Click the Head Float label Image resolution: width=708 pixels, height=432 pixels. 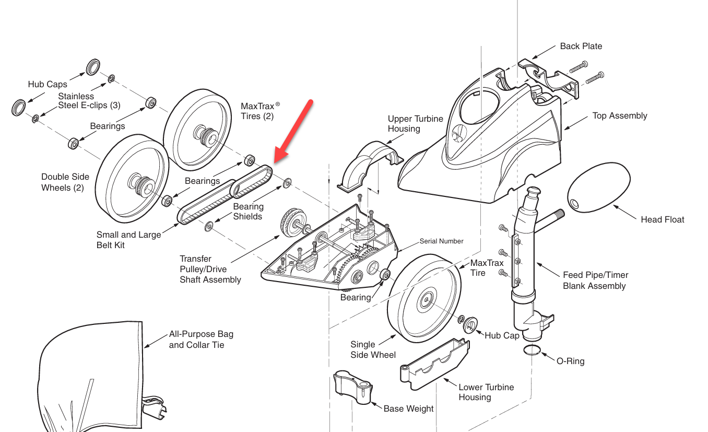pos(662,219)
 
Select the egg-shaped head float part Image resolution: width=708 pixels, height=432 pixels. pos(599,187)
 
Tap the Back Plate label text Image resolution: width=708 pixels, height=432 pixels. pos(581,46)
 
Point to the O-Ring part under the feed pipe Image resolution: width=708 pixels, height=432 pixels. pos(532,350)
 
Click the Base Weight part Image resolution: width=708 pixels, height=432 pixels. pos(353,387)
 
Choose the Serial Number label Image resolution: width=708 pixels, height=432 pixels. pos(441,241)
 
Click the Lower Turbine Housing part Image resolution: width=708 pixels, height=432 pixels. pos(434,364)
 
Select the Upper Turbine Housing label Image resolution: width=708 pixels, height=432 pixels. pos(415,124)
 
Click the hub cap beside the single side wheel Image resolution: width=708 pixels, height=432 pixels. pos(470,325)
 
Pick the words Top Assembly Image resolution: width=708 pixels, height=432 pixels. pos(619,116)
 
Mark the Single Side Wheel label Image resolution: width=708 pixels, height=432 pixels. pos(373,349)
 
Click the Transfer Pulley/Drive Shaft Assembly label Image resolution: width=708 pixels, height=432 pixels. pos(210,269)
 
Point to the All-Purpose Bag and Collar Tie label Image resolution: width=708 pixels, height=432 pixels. pos(201,340)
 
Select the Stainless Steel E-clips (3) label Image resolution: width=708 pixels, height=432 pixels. pos(89,101)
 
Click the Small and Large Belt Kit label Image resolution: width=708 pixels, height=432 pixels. pos(128,240)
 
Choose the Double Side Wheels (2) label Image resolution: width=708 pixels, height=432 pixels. pos(65,182)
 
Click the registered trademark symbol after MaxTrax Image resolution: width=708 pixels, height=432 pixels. pos(278,104)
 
